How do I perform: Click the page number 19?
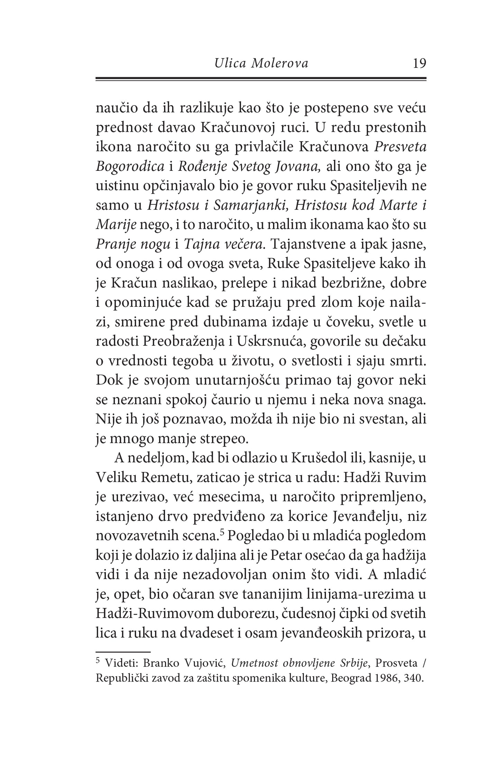point(419,64)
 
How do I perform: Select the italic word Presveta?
point(400,148)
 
